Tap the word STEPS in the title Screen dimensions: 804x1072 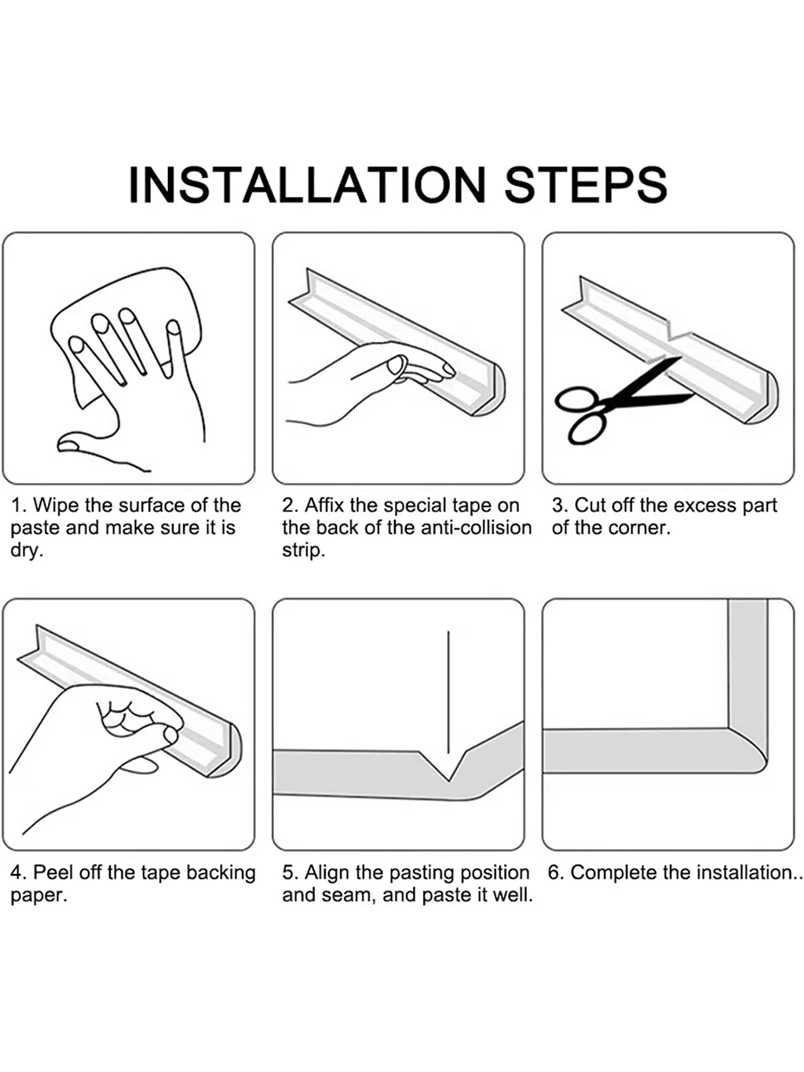pyautogui.click(x=586, y=185)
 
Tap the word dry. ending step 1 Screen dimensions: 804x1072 pyautogui.click(x=26, y=551)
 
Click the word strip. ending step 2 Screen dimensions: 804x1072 pyautogui.click(x=303, y=551)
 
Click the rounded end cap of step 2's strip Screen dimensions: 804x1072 pyautogui.click(x=492, y=390)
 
